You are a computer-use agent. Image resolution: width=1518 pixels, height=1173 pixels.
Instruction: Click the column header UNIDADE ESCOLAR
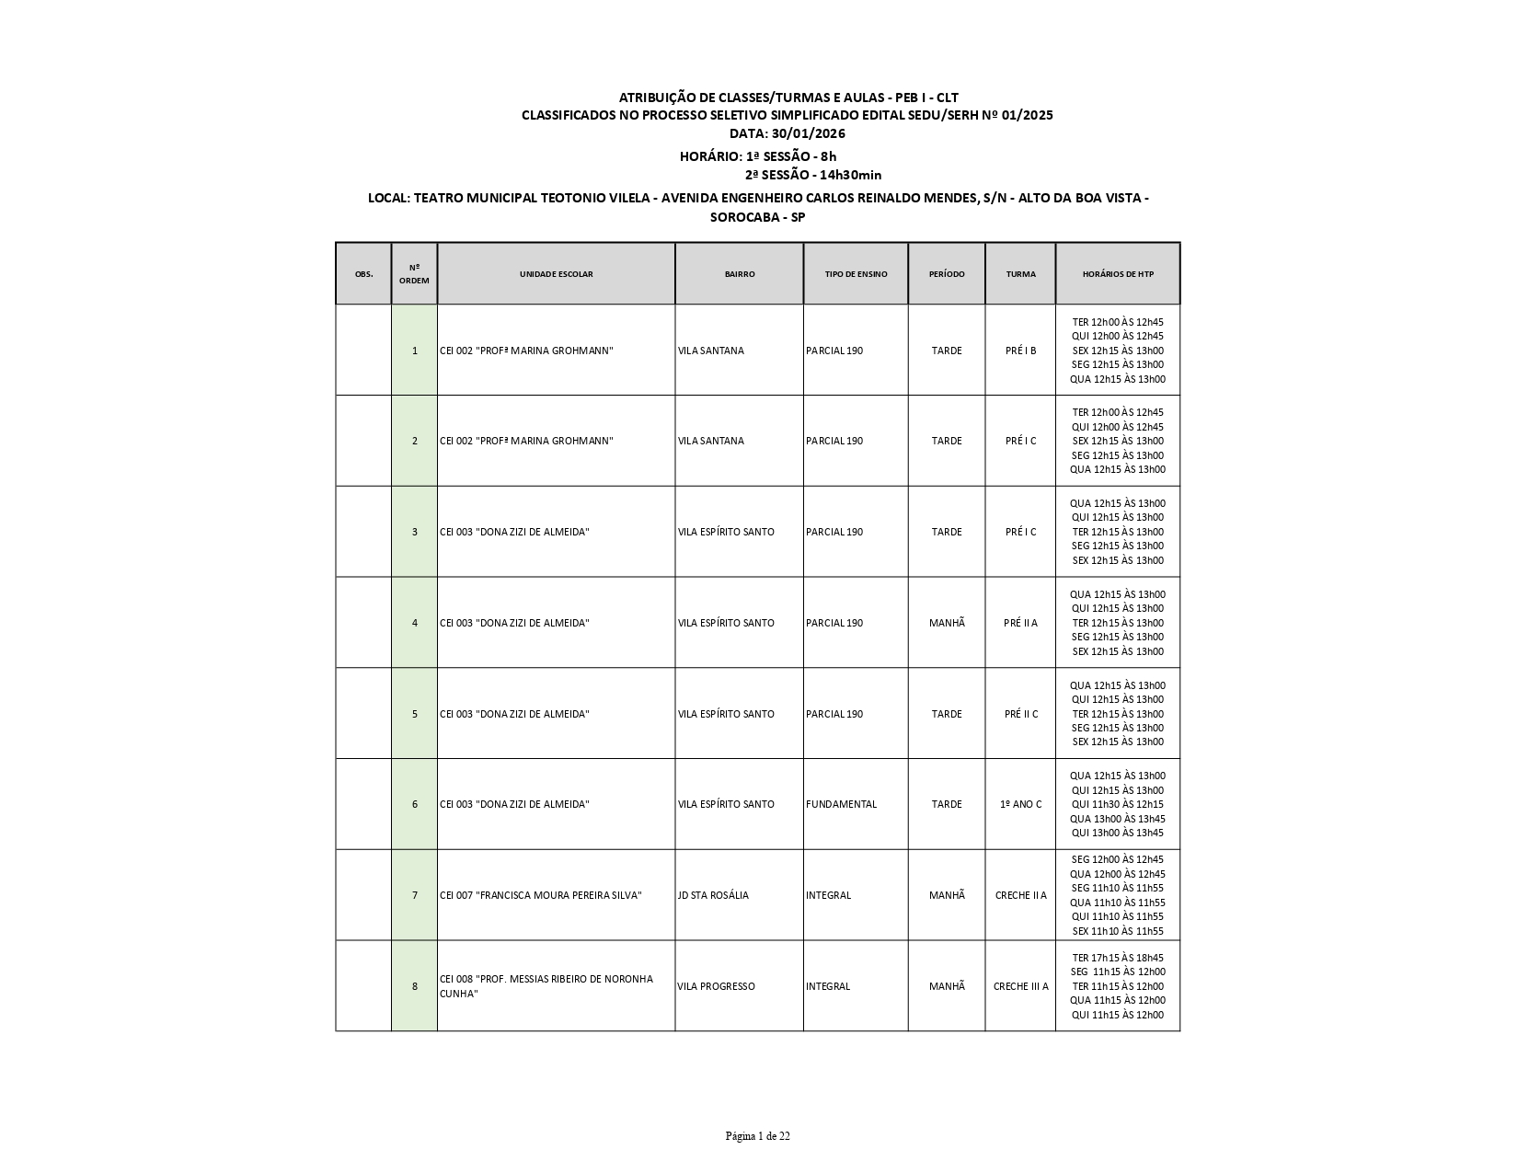pos(556,274)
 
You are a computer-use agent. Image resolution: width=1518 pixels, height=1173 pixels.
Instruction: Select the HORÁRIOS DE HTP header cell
pos(1117,274)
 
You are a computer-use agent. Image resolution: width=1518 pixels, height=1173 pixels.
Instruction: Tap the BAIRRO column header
pos(739,274)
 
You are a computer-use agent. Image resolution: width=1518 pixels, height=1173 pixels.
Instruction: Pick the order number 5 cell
pos(414,714)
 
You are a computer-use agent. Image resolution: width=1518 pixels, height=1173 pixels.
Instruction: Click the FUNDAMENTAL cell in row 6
pos(841,804)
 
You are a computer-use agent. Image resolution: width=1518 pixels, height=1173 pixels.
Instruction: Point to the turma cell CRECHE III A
pos(1020,986)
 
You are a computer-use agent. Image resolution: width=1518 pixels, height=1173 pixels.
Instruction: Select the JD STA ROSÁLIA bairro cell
pos(713,895)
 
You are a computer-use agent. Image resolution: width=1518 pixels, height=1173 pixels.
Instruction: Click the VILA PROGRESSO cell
pos(716,986)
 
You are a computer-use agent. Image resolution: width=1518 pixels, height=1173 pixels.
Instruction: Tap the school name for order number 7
pos(541,895)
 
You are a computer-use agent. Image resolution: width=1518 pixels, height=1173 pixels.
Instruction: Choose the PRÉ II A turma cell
pos(1020,623)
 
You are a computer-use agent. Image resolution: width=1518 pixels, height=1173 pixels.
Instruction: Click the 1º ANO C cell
pos(1020,804)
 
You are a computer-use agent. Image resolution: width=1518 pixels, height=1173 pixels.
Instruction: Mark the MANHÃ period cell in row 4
pos(947,623)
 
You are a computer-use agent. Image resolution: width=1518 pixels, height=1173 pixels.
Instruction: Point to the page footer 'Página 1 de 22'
pos(757,1136)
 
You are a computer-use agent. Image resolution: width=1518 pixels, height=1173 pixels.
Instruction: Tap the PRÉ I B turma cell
pos(1020,351)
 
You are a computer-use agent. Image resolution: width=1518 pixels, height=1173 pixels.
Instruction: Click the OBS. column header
pos(363,274)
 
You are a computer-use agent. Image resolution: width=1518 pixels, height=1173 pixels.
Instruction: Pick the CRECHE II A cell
pos(1020,895)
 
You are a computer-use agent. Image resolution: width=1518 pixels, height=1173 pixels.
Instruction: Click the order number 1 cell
pos(414,351)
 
